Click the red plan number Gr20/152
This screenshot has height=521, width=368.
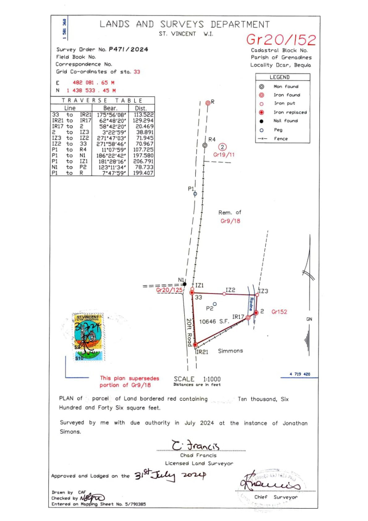pyautogui.click(x=281, y=40)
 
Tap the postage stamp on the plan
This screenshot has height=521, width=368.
pyautogui.click(x=88, y=337)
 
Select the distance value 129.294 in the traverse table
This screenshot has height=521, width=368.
pyautogui.click(x=143, y=120)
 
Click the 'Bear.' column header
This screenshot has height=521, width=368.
pyautogui.click(x=110, y=108)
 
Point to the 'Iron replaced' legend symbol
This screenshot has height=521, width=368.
pyautogui.click(x=262, y=112)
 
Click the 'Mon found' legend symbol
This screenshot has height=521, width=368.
pyautogui.click(x=262, y=87)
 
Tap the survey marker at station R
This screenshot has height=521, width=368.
pyautogui.click(x=208, y=103)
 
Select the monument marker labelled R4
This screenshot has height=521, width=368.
pyautogui.click(x=205, y=145)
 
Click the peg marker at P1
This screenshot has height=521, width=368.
pyautogui.click(x=195, y=194)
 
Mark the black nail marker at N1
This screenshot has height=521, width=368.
pyautogui.click(x=185, y=284)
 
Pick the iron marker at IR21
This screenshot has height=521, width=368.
pyautogui.click(x=195, y=345)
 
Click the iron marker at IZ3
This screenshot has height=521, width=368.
pyautogui.click(x=257, y=295)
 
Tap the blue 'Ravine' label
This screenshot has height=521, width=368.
pyautogui.click(x=251, y=304)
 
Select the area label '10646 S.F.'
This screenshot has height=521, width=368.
pyautogui.click(x=214, y=322)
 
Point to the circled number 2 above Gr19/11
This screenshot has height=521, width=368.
pyautogui.click(x=222, y=147)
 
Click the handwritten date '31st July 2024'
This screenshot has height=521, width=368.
pyautogui.click(x=170, y=476)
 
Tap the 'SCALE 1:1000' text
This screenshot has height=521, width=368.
pyautogui.click(x=197, y=379)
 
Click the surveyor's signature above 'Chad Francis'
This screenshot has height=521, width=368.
pyautogui.click(x=196, y=446)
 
